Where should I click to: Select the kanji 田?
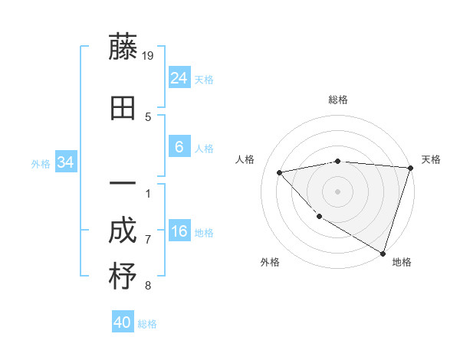coord(123,108)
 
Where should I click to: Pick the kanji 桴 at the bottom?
coord(123,277)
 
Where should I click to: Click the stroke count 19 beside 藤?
coord(149,55)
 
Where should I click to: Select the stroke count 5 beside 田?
coord(148,116)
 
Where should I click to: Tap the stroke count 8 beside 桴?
coord(148,286)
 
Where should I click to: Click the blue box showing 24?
coord(179,77)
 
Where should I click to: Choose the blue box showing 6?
coord(179,147)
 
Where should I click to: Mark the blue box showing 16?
coord(179,231)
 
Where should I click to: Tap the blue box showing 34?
coord(65,162)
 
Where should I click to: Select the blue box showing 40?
coord(123,322)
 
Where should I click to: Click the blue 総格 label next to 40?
coord(147,324)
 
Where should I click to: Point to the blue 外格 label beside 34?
coord(41,163)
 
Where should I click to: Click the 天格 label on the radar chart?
coord(431,159)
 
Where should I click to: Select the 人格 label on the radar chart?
coord(245,159)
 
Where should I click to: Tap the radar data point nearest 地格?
coord(383,252)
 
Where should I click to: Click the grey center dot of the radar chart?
coord(338,191)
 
